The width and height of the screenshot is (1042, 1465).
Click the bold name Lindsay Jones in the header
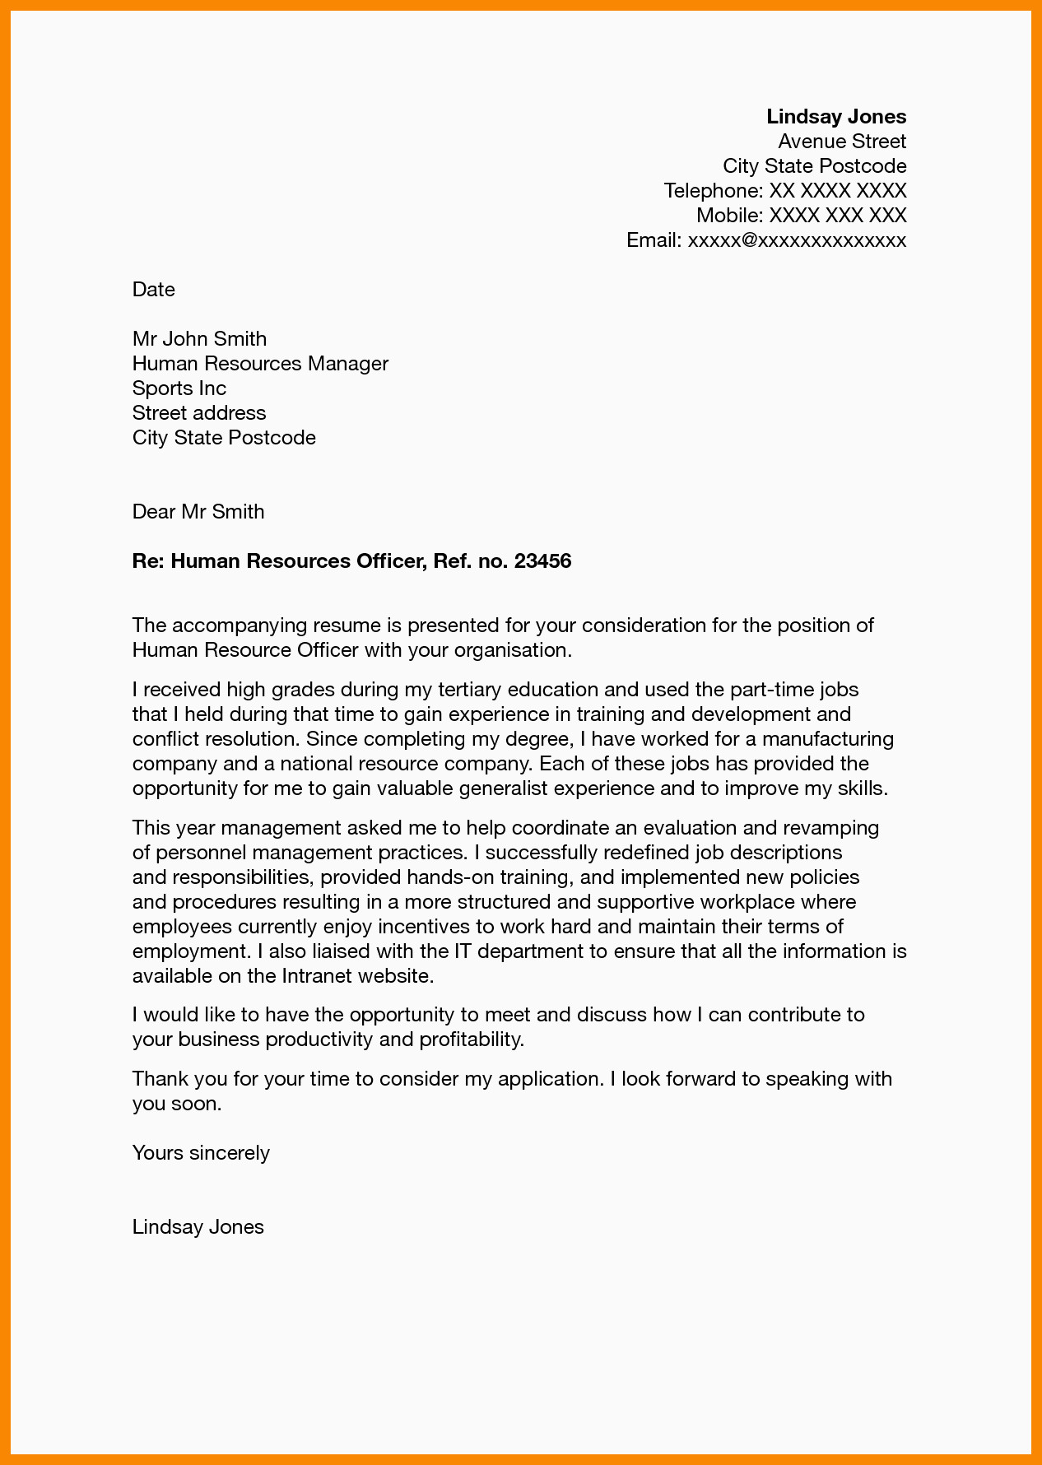click(x=836, y=117)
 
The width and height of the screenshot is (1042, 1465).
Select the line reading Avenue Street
click(x=842, y=142)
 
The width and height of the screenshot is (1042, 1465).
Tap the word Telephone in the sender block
click(x=713, y=191)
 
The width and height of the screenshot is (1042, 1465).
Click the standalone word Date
click(x=154, y=290)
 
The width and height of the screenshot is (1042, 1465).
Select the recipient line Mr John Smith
click(x=199, y=339)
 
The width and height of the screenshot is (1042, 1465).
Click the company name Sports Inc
click(x=179, y=388)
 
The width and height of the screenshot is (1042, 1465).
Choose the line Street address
click(x=199, y=413)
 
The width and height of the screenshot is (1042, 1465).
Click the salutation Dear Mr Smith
click(x=198, y=512)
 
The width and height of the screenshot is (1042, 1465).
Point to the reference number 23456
click(x=542, y=561)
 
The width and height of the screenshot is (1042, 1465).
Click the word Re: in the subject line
click(x=149, y=561)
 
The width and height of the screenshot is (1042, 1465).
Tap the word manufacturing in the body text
click(x=833, y=739)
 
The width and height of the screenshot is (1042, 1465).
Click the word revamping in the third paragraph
click(x=830, y=827)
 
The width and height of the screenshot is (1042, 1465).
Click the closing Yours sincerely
click(x=201, y=1153)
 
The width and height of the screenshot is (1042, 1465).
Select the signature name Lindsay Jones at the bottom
click(x=198, y=1227)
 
